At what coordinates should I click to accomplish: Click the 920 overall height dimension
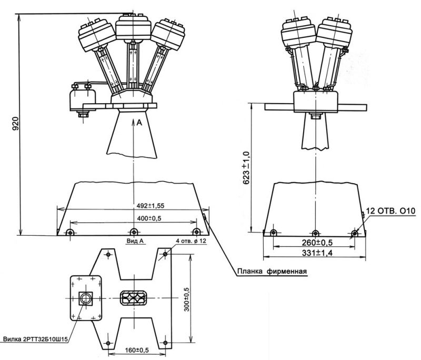16,123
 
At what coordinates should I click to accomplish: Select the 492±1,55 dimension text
151,206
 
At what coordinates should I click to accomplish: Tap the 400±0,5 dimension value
149,218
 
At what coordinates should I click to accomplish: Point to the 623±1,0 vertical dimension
246,168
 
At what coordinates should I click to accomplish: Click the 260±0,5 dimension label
317,243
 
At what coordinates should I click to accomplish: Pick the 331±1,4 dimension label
317,253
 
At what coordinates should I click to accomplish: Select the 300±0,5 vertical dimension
186,299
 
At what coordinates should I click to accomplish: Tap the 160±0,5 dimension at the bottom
137,350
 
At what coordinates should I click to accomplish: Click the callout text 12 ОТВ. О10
390,211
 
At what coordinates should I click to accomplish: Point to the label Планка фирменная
272,272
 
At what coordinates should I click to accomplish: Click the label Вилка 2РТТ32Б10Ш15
35,339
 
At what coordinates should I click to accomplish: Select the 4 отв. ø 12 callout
191,241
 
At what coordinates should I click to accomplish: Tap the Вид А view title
135,241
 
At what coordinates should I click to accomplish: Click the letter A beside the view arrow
139,123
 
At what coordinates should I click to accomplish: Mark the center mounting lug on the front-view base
134,232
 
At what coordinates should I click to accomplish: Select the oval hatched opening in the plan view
134,298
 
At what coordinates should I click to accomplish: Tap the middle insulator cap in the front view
133,26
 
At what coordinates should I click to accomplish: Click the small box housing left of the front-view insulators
83,99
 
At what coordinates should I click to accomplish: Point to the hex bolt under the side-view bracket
315,116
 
